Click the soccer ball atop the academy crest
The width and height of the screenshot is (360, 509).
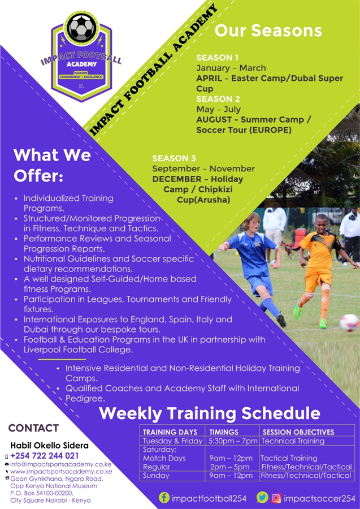point(81,27)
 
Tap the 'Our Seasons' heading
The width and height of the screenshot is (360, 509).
point(268,31)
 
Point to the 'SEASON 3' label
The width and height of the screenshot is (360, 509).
point(174,158)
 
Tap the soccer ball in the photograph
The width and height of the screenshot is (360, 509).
point(349,322)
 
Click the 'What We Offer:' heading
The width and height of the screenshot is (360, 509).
point(52,165)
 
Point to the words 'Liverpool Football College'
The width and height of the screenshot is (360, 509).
point(77,350)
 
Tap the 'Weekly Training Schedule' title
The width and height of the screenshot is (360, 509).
point(210,413)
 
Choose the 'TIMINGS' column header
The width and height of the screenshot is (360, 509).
point(223,432)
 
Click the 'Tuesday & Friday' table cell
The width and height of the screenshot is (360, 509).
point(172,441)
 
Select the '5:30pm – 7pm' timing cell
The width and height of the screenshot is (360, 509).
point(233,441)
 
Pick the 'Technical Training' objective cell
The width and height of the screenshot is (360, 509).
point(293,441)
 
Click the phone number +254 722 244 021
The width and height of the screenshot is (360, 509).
point(45,456)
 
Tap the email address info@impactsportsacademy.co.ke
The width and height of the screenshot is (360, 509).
point(60,464)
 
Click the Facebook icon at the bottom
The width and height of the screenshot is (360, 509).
point(164,498)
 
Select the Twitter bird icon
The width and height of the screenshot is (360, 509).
point(262,497)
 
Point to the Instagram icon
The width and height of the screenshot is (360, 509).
point(276,498)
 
